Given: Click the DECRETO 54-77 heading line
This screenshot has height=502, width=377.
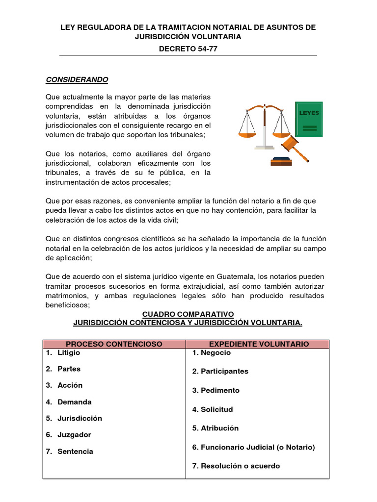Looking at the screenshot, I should click(188, 50).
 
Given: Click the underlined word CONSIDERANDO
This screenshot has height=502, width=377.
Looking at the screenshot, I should click(77, 79).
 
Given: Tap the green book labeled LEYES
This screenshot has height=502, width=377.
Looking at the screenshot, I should click(309, 119).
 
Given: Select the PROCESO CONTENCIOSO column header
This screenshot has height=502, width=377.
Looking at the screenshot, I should click(114, 344).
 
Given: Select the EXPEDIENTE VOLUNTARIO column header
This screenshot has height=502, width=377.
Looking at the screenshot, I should click(257, 344).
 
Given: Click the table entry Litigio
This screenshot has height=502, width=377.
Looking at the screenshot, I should click(68, 352).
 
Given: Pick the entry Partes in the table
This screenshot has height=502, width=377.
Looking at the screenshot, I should click(69, 369).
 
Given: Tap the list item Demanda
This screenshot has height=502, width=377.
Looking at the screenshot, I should click(74, 402).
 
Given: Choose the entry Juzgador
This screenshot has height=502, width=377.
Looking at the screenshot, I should click(74, 435).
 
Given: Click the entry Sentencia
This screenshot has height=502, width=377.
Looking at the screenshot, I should click(75, 452).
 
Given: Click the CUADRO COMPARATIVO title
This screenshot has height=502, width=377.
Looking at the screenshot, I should click(188, 314).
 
